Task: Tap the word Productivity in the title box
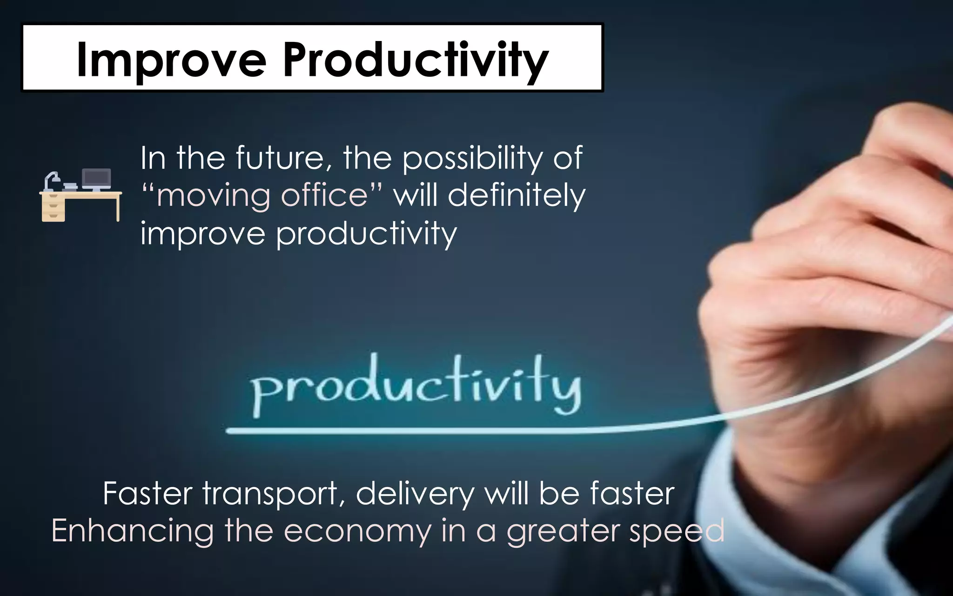click(x=416, y=60)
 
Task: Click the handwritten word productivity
click(x=416, y=385)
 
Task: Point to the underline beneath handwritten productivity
click(x=419, y=431)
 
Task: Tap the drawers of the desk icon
click(x=54, y=208)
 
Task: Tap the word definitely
click(x=516, y=196)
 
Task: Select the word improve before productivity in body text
click(x=202, y=233)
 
